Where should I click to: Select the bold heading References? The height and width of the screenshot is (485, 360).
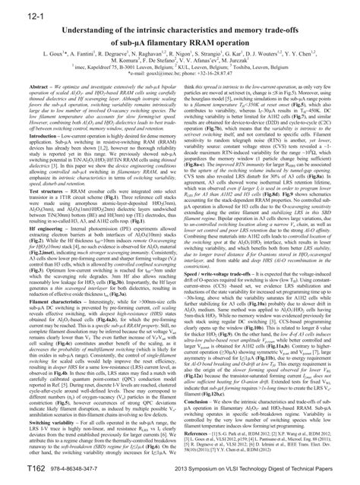coord(201,444)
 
